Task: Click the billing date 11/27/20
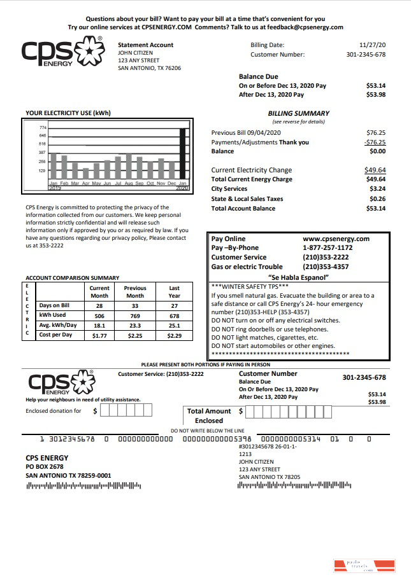pyautogui.click(x=373, y=45)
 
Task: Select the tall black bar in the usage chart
pyautogui.click(x=183, y=153)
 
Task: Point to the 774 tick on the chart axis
pyautogui.click(x=42, y=128)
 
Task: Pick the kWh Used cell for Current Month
pyautogui.click(x=99, y=315)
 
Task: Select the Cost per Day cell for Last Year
pyautogui.click(x=174, y=335)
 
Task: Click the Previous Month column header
pyautogui.click(x=135, y=292)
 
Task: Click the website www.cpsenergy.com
pyautogui.click(x=336, y=239)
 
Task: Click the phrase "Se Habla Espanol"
pyautogui.click(x=299, y=277)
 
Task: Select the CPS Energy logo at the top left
pyautogui.click(x=62, y=52)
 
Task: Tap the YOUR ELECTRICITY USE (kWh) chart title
pyautogui.click(x=68, y=113)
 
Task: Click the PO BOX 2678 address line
pyautogui.click(x=45, y=466)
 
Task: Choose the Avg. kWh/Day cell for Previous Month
pyautogui.click(x=135, y=325)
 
